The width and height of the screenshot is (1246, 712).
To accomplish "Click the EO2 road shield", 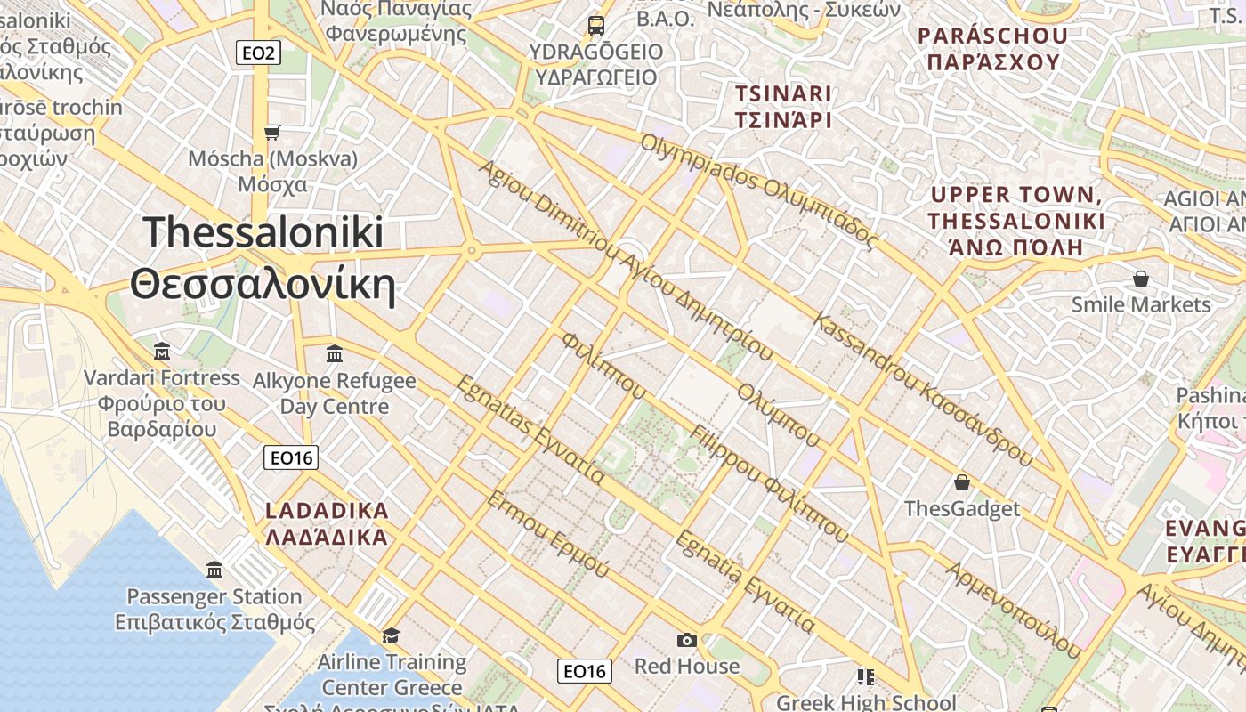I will pos(259,53).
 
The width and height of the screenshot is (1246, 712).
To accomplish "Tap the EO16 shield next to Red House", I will pos(585,671).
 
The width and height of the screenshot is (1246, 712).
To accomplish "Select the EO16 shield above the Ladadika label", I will pos(291,457).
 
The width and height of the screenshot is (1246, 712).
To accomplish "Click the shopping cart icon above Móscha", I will pos(272,133).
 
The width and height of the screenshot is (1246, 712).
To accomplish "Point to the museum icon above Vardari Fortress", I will pos(162,351).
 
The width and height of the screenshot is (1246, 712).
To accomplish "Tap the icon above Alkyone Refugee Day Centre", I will pos(335,354).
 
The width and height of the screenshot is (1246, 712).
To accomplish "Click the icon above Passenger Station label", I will pos(214,570).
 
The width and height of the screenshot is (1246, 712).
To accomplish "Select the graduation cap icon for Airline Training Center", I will pos(391,635).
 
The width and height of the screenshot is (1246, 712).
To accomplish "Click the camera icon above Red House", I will pos(686,640).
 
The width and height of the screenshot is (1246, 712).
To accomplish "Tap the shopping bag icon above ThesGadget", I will pos(961,482).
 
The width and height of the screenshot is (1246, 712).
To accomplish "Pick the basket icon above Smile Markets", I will pos(1141,279).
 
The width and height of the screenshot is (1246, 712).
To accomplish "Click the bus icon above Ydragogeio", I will pos(596,25).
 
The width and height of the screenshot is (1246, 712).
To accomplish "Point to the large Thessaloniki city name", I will pos(263,258).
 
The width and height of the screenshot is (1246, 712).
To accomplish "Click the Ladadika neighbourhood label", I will pos(328,524).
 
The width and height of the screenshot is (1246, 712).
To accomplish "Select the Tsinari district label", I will pos(783,107).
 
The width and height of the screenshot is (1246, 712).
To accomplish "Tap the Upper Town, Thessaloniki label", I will pos(1016,221).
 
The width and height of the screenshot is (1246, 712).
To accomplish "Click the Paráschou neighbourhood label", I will pos(992,49).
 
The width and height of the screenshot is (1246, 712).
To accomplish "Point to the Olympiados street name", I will pos(759,190).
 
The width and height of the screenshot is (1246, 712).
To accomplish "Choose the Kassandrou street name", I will pos(923,389).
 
